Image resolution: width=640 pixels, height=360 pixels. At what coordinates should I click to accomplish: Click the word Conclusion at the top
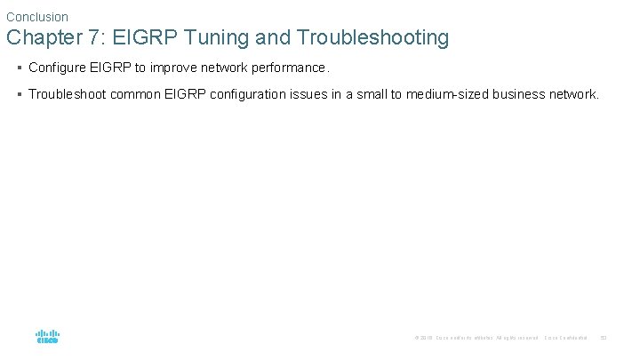tap(37, 17)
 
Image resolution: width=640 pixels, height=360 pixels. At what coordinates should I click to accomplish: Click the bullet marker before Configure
tap(19, 68)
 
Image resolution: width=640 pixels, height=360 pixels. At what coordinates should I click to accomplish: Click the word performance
tap(290, 68)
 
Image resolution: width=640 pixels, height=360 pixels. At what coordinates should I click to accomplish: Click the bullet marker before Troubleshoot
tap(19, 94)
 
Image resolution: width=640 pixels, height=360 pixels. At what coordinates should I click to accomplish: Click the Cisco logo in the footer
tap(48, 337)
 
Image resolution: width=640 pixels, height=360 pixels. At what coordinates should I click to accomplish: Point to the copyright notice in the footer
tap(476, 338)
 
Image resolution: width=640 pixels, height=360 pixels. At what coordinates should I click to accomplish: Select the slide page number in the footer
tap(604, 338)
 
